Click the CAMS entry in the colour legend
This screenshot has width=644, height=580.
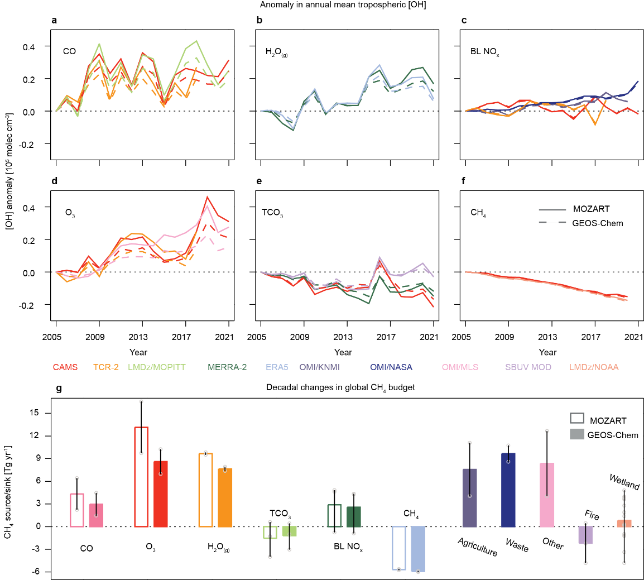(x=65, y=367)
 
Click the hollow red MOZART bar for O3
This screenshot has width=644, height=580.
(x=141, y=477)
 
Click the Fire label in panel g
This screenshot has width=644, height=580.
(x=592, y=516)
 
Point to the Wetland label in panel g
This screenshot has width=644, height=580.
(x=624, y=482)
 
